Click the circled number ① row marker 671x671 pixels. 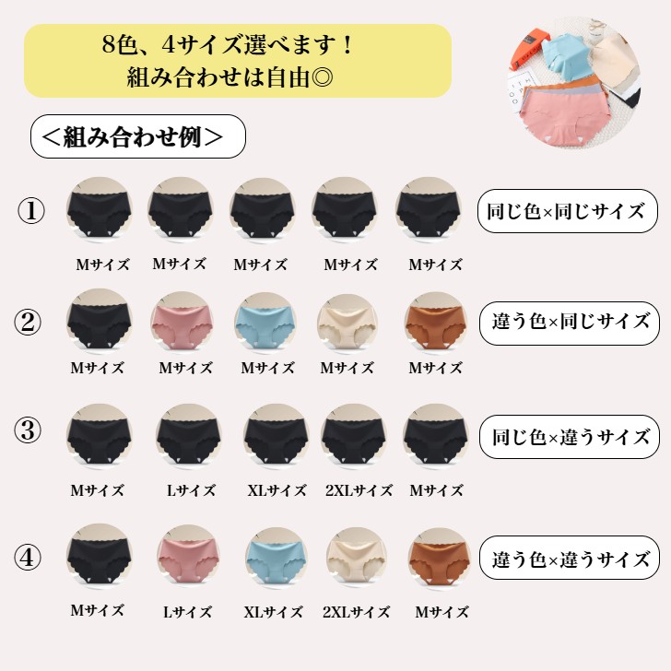click(x=30, y=211)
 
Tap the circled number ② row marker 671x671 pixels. click(x=28, y=323)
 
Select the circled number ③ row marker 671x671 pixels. click(x=28, y=430)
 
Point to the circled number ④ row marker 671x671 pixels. click(x=28, y=557)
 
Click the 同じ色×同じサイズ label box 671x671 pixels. click(x=568, y=211)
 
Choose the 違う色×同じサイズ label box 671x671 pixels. click(x=570, y=324)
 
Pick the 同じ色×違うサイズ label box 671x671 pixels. click(x=570, y=437)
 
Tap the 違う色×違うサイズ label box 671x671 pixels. click(x=570, y=558)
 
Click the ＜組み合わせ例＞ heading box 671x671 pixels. click(x=138, y=136)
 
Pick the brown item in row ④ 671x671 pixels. click(x=440, y=559)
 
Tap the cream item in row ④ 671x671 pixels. click(x=357, y=559)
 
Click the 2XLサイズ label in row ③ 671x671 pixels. click(x=359, y=490)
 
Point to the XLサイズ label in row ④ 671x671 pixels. click(x=273, y=612)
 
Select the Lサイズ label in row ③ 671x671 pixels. click(x=191, y=490)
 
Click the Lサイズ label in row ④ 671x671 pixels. click(x=187, y=612)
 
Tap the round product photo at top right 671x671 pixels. click(x=575, y=82)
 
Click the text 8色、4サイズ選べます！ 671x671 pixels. click(x=228, y=44)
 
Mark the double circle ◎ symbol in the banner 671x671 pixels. click(x=323, y=78)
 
